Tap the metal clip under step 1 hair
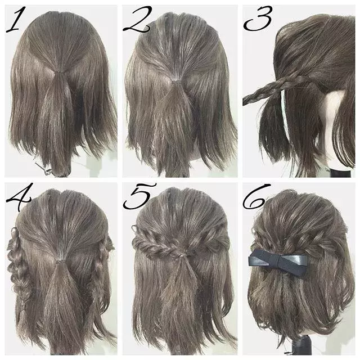(41, 167)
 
